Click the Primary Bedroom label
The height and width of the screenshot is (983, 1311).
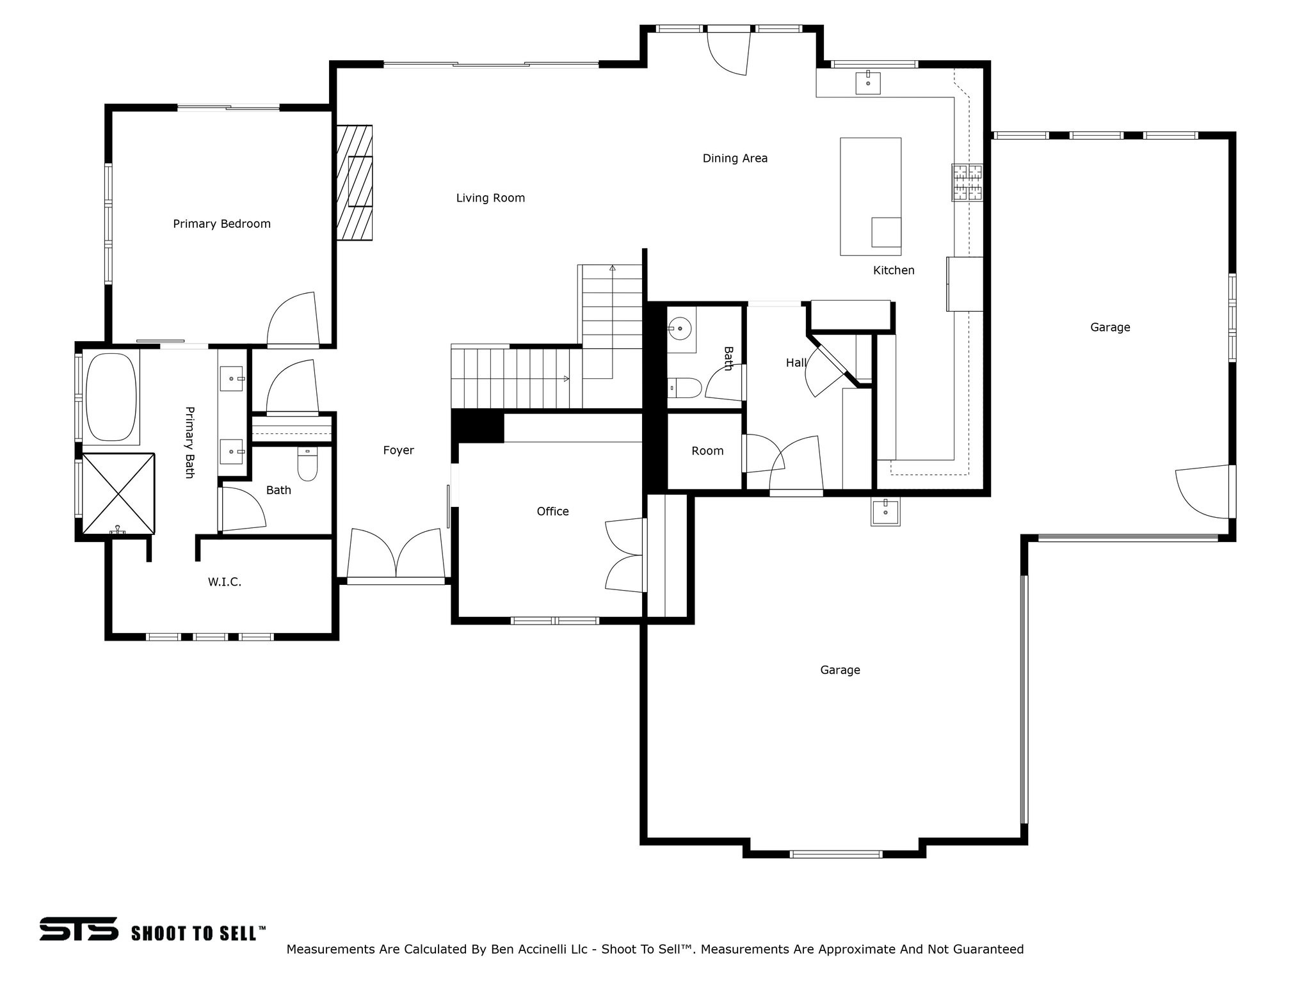tap(221, 224)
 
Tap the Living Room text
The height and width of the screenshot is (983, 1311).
tap(490, 198)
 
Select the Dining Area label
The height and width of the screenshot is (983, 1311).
tap(735, 159)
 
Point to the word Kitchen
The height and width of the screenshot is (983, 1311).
tap(894, 271)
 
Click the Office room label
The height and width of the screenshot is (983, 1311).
tap(552, 511)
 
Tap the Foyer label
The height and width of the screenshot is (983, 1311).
tap(398, 451)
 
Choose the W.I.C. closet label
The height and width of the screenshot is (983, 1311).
tap(224, 582)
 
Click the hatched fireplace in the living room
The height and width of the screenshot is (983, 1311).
tap(355, 182)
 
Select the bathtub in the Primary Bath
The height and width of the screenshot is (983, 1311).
tap(111, 397)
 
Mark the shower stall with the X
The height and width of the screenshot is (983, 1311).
tap(118, 493)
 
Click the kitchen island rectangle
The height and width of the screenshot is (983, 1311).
tap(870, 196)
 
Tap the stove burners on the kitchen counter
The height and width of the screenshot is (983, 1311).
tap(967, 182)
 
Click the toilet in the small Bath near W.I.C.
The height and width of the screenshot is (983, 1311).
tap(308, 464)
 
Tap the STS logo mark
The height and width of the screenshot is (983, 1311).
tap(79, 929)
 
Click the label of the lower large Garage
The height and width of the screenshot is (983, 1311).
tap(840, 670)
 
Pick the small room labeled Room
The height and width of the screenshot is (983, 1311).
tap(707, 451)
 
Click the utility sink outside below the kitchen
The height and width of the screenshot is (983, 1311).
tap(885, 513)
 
